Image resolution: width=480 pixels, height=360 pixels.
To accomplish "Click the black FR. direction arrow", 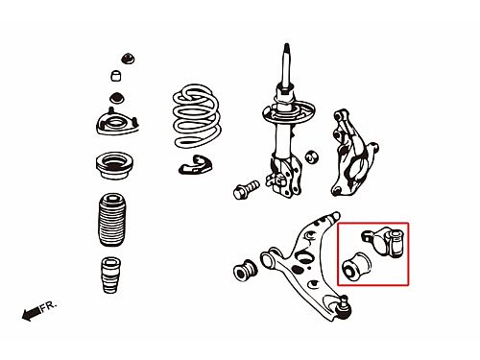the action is [32, 313].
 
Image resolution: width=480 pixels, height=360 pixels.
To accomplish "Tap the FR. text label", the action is [49, 305].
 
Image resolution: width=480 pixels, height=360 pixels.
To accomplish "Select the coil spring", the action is [197, 116].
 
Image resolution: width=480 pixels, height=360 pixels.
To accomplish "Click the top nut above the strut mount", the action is [128, 59].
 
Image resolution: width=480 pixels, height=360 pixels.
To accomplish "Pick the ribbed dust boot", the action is [111, 220].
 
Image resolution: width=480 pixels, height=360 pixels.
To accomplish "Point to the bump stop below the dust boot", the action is [111, 276].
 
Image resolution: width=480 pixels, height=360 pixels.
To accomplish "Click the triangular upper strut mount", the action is [117, 123].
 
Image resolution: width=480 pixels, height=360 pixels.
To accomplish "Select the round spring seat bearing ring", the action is [114, 165].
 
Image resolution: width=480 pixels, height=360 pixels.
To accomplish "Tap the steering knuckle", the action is [352, 153].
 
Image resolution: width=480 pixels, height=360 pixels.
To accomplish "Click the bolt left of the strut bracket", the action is [246, 189].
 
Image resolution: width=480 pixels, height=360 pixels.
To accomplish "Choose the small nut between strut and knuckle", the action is [311, 156].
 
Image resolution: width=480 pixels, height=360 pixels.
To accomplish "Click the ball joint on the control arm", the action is [344, 308].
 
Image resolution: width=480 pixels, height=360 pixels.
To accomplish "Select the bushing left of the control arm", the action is [245, 271].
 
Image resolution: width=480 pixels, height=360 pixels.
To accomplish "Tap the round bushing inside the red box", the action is [356, 268].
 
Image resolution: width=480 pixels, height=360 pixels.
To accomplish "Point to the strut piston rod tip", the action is [287, 46].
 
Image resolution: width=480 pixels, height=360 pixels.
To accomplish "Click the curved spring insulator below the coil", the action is [195, 165].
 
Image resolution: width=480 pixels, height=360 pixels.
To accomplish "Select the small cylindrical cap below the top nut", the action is [116, 76].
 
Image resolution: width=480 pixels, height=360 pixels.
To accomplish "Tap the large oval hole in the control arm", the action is [303, 256].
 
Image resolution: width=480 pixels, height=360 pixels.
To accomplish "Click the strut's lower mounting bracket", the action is [284, 176].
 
